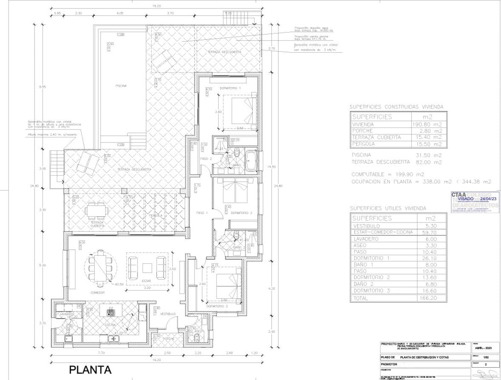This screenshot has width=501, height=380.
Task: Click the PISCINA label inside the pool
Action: pos(121,86)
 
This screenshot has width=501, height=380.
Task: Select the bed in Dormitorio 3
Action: pos(229,286)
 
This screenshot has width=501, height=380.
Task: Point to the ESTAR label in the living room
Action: pos(146,281)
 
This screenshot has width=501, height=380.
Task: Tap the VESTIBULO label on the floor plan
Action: pos(168,314)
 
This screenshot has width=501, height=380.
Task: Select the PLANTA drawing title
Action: pos(90,370)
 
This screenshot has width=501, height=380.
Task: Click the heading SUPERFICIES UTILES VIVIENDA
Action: pos(387,209)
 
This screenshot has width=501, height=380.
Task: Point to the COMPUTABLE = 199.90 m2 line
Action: pos(388,174)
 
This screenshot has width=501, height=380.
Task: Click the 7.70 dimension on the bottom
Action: pos(101,353)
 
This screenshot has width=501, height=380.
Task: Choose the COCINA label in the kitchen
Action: pos(110,325)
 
